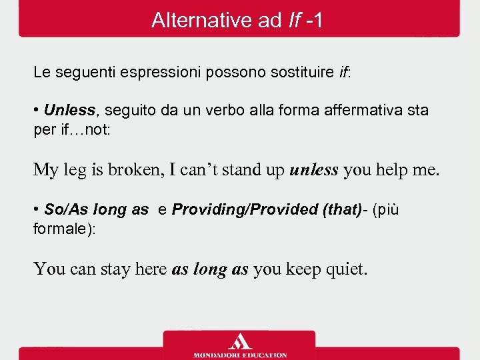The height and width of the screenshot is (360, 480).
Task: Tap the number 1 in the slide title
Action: [x=317, y=21]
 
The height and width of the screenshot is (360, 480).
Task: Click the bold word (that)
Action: [x=342, y=209]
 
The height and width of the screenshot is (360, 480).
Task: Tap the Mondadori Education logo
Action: [x=240, y=345]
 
